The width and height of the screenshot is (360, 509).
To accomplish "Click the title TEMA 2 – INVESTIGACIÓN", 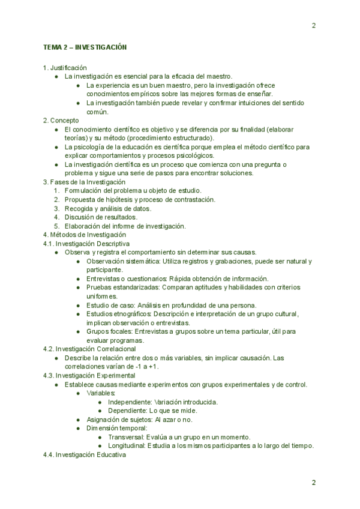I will [85, 47].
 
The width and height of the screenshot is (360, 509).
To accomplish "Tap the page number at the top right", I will [314, 25].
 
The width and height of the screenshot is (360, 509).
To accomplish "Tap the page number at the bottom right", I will [314, 483].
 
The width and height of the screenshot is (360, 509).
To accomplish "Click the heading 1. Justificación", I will [65, 68].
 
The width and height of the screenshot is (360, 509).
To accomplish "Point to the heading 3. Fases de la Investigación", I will [84, 182].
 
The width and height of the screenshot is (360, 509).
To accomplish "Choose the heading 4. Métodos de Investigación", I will [85, 235].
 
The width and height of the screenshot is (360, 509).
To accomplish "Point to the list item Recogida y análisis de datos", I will [108, 208].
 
